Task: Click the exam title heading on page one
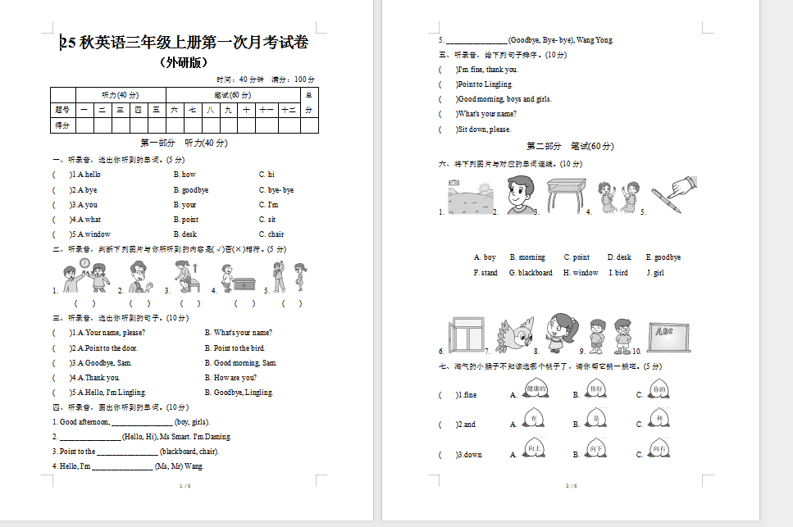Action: pos(185,43)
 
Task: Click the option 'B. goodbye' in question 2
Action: pos(190,190)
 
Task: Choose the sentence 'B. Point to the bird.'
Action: pos(234,348)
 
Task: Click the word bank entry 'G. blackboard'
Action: pos(531,273)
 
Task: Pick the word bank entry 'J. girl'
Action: pos(654,273)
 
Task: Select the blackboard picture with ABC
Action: pos(671,334)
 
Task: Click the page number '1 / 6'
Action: pos(185,486)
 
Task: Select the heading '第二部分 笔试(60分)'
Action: pos(569,146)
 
